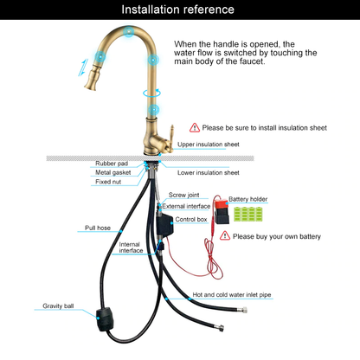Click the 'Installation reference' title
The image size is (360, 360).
point(177,10)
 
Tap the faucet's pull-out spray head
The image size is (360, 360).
point(93,76)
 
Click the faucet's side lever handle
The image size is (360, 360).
point(171,138)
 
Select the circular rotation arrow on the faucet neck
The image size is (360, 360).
point(152,93)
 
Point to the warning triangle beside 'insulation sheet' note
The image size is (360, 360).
point(195,127)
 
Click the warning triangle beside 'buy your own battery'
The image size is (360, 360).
point(225,235)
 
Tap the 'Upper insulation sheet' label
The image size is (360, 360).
point(209,145)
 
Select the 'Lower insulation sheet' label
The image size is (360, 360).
point(209,172)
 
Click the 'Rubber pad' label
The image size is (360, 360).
point(112,164)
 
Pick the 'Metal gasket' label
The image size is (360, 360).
point(113,172)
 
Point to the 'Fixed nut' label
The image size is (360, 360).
point(108,182)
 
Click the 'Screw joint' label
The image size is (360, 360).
point(183,195)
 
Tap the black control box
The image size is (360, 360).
point(165,224)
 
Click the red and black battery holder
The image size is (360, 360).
point(222,211)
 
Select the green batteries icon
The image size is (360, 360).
point(248,214)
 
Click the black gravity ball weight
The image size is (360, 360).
point(105,319)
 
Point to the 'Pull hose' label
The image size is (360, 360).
point(98,228)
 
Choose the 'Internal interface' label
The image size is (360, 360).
point(131,247)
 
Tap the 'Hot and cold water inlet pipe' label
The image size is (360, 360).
point(232,295)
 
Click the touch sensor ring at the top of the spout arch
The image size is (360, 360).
point(129,31)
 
